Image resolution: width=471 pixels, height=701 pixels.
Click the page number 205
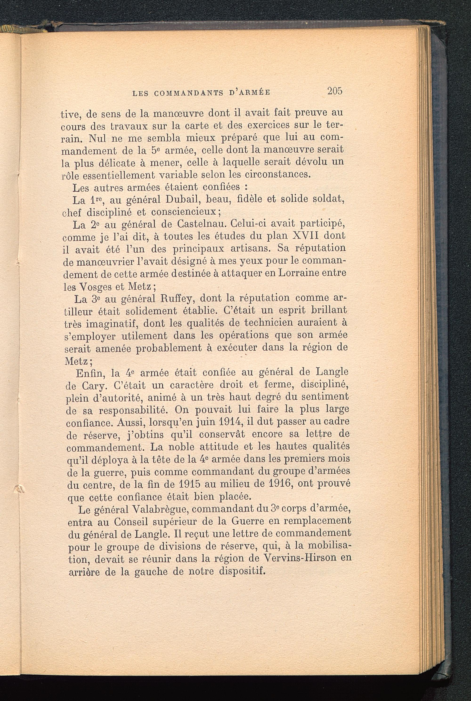tap(335, 91)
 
